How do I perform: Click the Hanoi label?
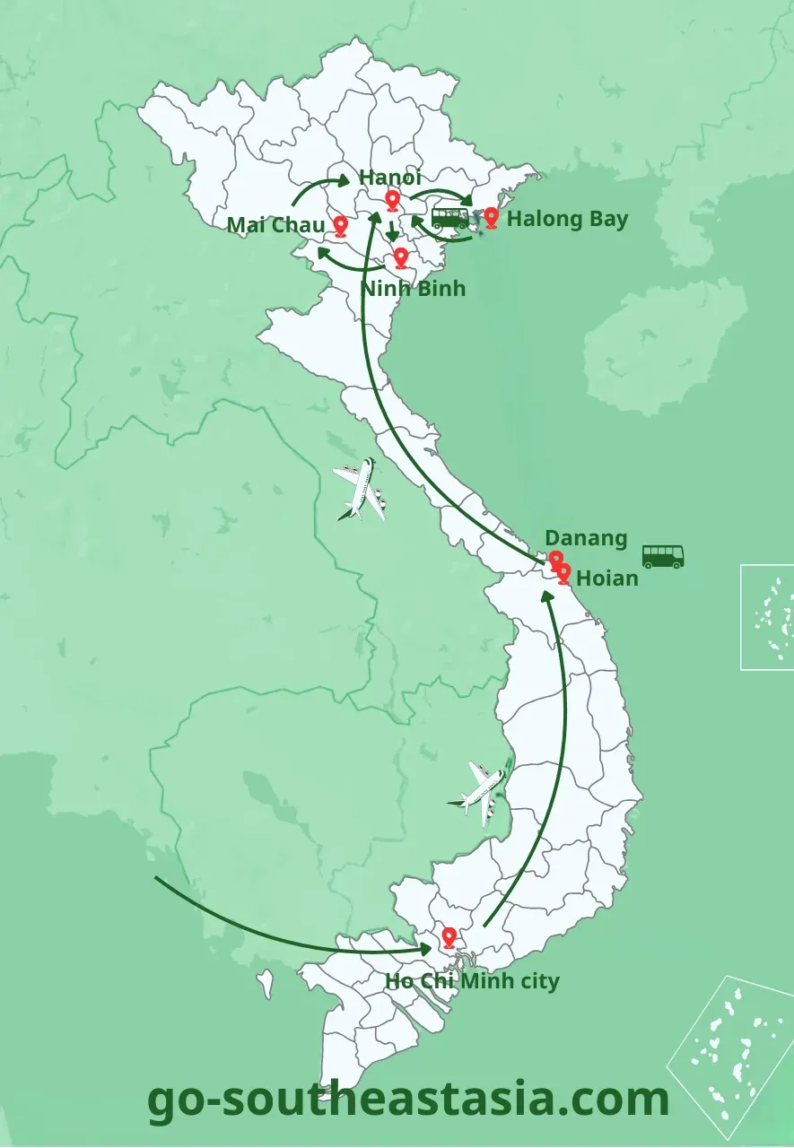click(389, 178)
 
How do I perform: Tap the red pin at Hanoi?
click(392, 200)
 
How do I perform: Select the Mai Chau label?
click(275, 224)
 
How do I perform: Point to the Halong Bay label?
click(567, 219)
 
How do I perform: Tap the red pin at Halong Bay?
click(491, 217)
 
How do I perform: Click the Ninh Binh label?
click(413, 289)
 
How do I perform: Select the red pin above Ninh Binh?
click(401, 258)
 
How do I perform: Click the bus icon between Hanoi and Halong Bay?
click(449, 218)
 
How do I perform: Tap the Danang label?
click(586, 538)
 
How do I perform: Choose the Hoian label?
click(606, 578)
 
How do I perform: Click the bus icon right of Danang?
click(663, 556)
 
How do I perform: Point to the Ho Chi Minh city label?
click(472, 981)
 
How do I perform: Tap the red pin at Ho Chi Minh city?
click(449, 938)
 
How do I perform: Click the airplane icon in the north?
click(360, 490)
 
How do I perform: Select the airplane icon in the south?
click(479, 790)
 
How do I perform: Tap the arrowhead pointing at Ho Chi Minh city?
click(426, 947)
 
